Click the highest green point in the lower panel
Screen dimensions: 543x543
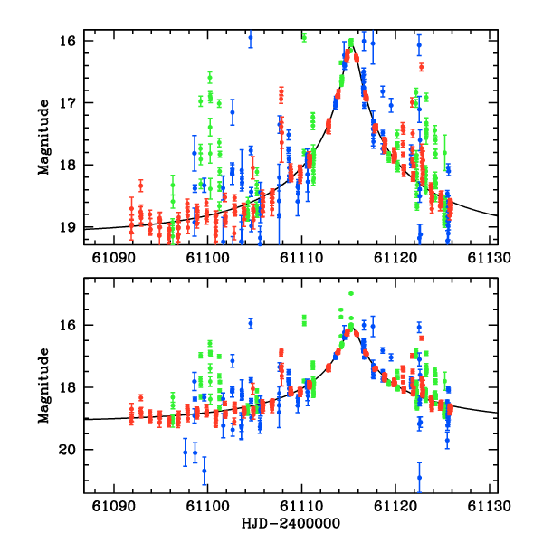pyautogui.click(x=351, y=293)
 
